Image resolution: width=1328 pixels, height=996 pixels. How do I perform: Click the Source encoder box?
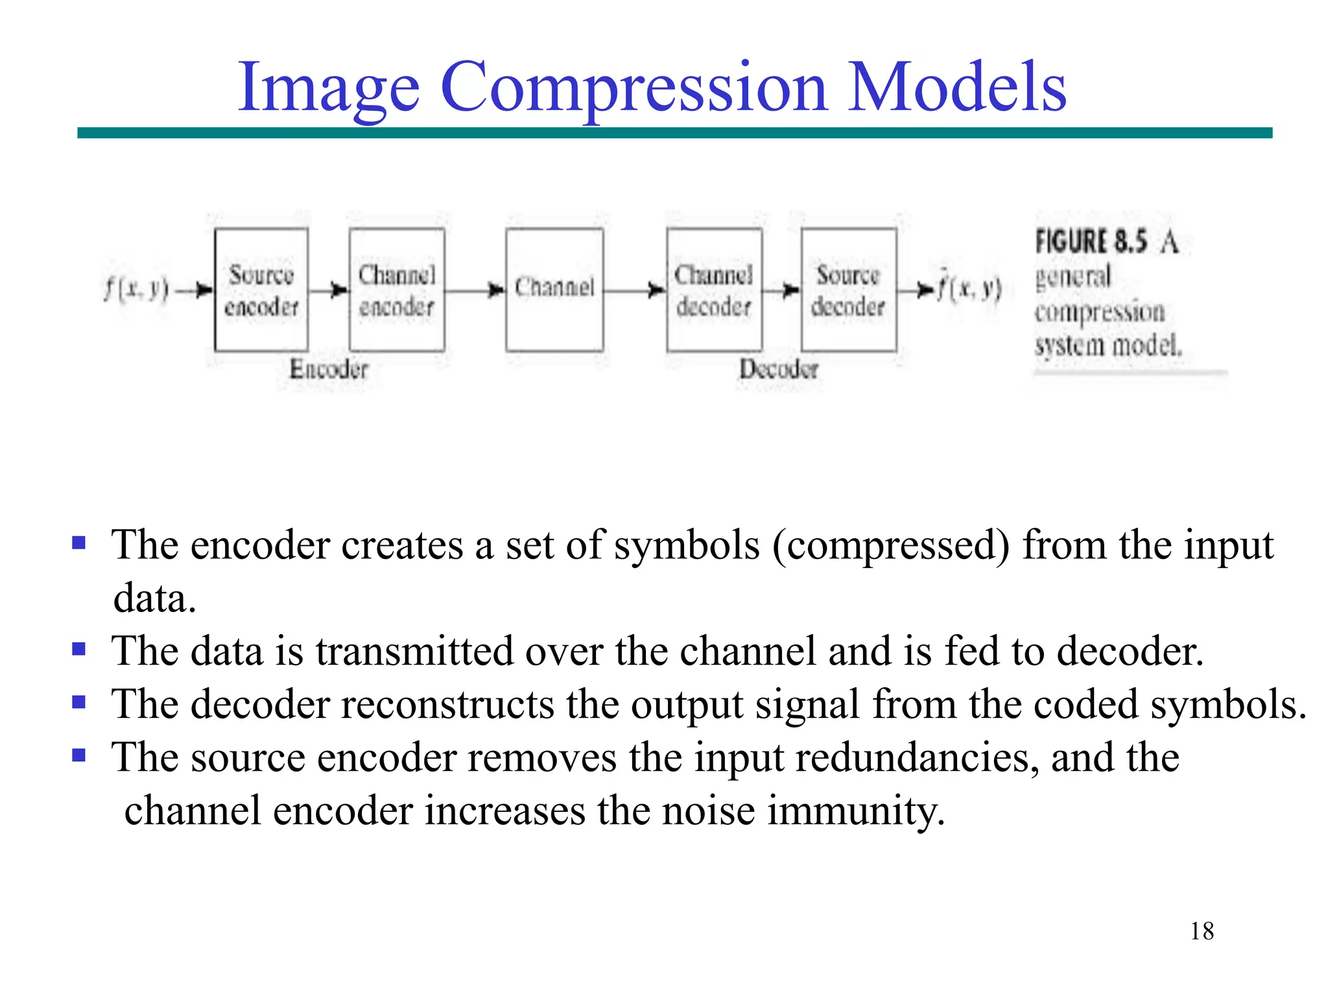pyautogui.click(x=261, y=290)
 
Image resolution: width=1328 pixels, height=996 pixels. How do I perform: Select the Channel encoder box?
pyautogui.click(x=397, y=290)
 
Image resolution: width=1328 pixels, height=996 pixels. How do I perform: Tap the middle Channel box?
pyautogui.click(x=554, y=290)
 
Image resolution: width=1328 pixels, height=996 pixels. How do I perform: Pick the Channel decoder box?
pyautogui.click(x=714, y=290)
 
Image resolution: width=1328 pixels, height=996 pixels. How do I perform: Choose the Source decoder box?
pyautogui.click(x=849, y=290)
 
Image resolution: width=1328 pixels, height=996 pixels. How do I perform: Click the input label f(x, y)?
pyautogui.click(x=136, y=289)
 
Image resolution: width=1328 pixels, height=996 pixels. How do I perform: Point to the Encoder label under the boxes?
pyautogui.click(x=329, y=369)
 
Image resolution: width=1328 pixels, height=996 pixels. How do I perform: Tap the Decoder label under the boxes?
pyautogui.click(x=779, y=369)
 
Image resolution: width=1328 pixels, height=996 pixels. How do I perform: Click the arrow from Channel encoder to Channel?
pyautogui.click(x=475, y=290)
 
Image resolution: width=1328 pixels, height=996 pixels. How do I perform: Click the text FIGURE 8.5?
pyautogui.click(x=1091, y=242)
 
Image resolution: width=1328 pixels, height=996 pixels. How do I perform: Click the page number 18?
pyautogui.click(x=1202, y=931)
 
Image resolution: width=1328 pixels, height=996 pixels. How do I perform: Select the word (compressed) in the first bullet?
pyautogui.click(x=891, y=545)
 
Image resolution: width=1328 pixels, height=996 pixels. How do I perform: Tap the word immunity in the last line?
pyautogui.click(x=856, y=811)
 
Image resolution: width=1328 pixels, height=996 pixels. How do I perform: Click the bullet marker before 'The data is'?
pyautogui.click(x=79, y=649)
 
